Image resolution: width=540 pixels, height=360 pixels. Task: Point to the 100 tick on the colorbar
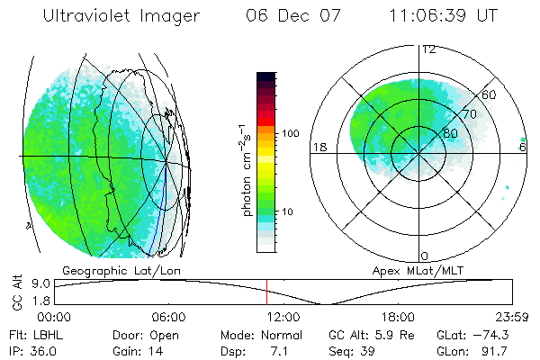(x=289, y=133)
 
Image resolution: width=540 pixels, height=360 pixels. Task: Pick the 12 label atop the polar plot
(x=428, y=49)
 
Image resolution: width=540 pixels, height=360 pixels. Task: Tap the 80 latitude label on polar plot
(x=450, y=133)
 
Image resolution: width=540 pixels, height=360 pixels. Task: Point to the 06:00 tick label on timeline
(x=168, y=317)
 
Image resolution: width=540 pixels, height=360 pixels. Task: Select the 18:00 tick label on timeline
(x=398, y=317)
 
